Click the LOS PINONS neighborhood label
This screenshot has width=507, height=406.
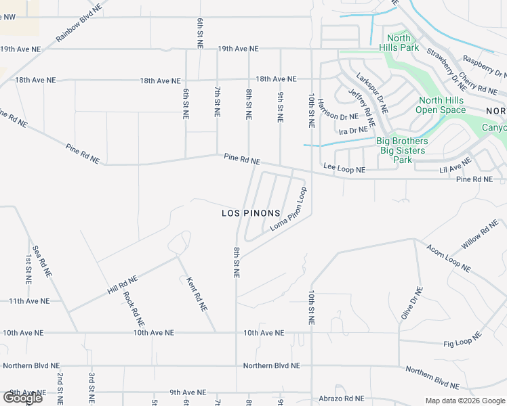[x=251, y=213]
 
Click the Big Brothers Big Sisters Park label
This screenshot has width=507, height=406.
[x=403, y=150]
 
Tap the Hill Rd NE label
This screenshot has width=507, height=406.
[x=122, y=284]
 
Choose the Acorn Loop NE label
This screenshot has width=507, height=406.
[x=448, y=258]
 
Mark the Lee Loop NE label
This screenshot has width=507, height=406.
[x=344, y=166]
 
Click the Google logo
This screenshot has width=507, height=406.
[x=22, y=397]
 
